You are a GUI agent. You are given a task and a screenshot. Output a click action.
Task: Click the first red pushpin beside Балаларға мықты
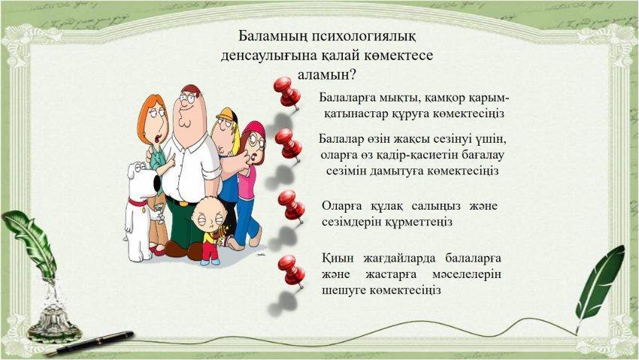point(287,92)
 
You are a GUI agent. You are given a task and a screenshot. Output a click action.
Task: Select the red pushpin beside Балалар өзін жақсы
point(289,145)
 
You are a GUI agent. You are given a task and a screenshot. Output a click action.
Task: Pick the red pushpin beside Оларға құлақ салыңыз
point(292,206)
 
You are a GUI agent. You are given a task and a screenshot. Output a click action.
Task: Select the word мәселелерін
point(467,275)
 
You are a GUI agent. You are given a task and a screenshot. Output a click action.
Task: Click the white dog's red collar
point(138,201)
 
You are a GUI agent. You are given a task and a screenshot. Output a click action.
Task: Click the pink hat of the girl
point(253,129)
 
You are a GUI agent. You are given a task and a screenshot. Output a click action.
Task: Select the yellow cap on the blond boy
point(227,114)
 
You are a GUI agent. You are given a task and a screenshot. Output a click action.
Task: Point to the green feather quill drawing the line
point(599,285)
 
